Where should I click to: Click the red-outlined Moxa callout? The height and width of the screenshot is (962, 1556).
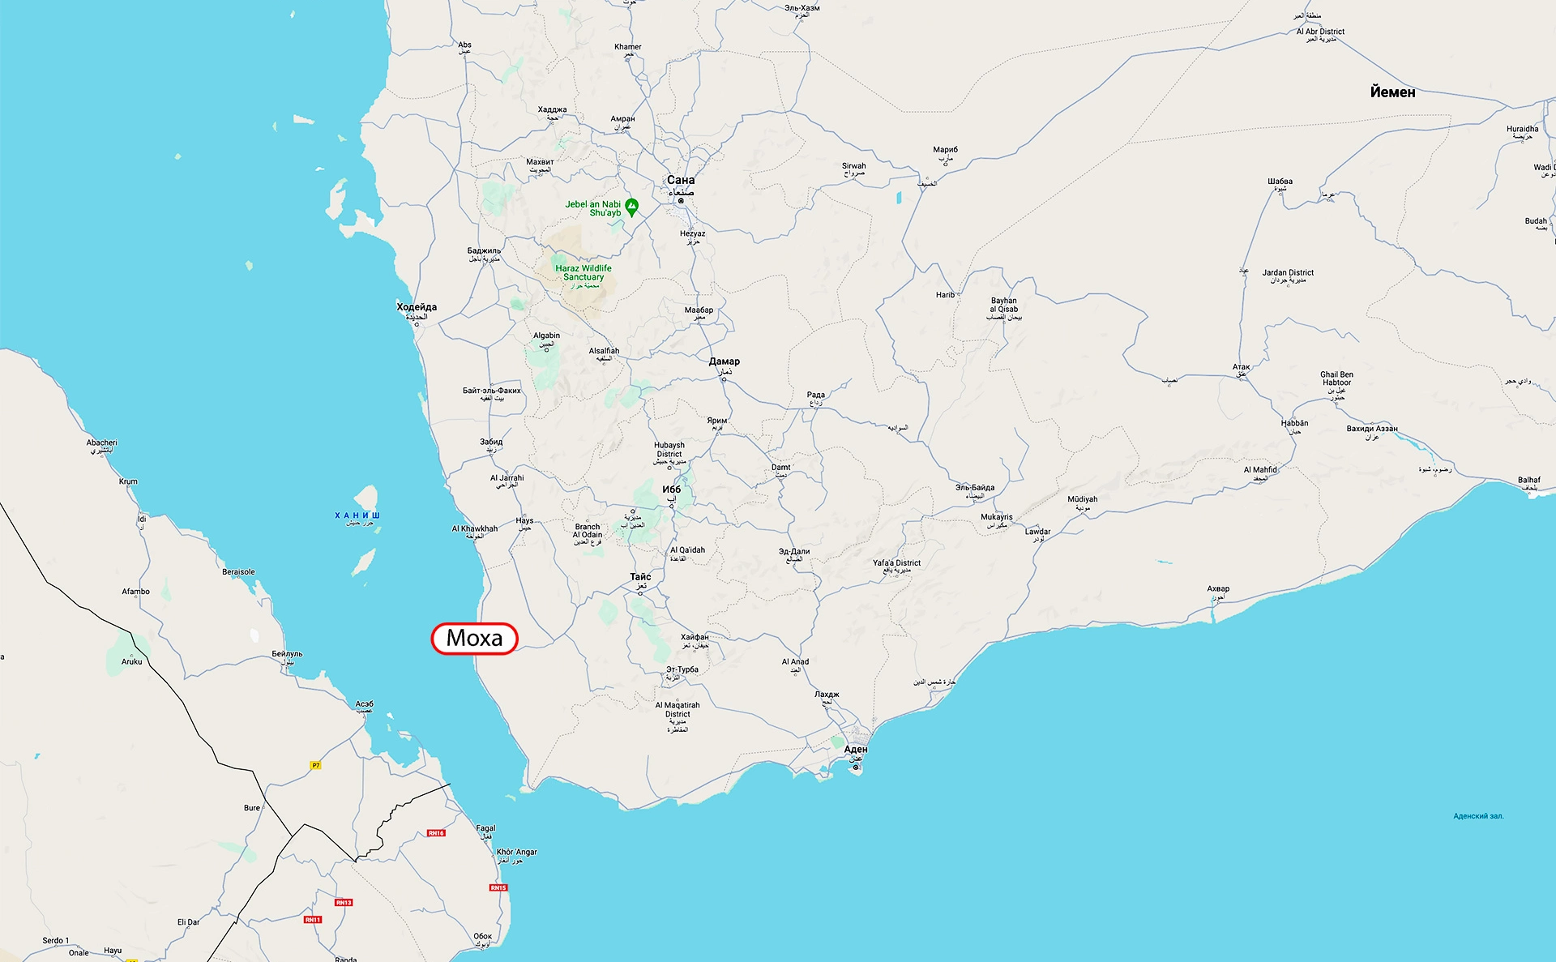pos(474,639)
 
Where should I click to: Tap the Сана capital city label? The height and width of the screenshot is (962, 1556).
pos(681,180)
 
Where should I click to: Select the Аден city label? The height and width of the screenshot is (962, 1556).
pos(856,750)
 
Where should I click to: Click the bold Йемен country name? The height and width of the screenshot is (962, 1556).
pos(1392,92)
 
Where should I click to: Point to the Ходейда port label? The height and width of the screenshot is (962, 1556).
pos(417,307)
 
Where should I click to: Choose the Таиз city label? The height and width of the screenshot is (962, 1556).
pos(640,577)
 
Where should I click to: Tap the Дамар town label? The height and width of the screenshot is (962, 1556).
pos(724,361)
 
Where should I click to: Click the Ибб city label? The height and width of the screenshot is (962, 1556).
pos(672,490)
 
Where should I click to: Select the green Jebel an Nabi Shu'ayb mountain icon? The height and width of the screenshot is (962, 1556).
pos(632,207)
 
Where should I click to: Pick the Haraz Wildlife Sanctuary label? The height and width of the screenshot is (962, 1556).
pos(583,273)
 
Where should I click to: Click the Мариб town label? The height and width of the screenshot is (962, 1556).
pos(945,150)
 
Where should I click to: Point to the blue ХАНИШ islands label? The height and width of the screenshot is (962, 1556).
pos(357,515)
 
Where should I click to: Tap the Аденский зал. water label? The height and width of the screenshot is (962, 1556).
pos(1478,816)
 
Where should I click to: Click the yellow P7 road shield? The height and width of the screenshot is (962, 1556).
pos(316,765)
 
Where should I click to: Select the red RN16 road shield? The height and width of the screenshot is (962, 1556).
pos(436,833)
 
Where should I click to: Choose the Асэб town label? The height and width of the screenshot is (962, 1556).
pos(365,704)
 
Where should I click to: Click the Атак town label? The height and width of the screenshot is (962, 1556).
pos(1241,367)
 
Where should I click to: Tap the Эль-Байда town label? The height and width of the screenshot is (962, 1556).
pos(974,488)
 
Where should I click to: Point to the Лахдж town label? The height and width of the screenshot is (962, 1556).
pos(827,695)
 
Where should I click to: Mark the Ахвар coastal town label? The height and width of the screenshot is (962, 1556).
pos(1218,589)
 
